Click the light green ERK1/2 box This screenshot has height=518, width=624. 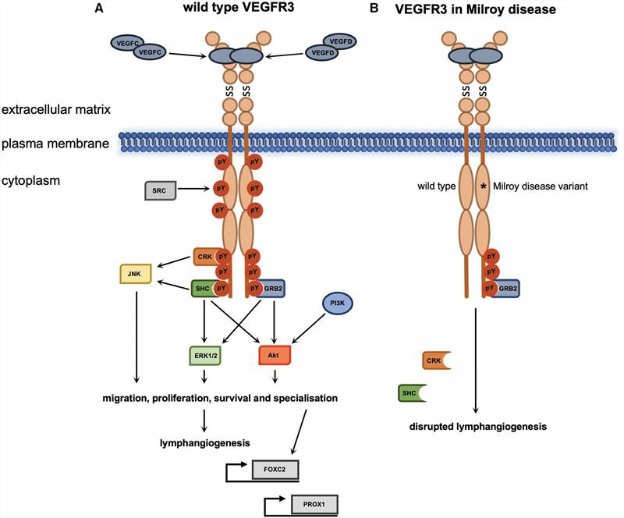(x=205, y=355)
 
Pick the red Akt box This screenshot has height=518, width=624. (x=275, y=355)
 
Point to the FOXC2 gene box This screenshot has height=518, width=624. (x=275, y=470)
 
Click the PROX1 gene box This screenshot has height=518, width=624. (x=314, y=505)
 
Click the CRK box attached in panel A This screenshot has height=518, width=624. (x=204, y=256)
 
